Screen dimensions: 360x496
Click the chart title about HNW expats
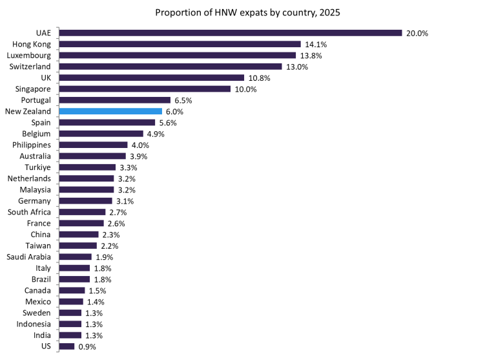[x=248, y=12]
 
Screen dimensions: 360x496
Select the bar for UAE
[x=230, y=33]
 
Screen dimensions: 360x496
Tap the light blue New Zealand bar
[x=110, y=111]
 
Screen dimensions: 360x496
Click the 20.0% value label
[x=417, y=33]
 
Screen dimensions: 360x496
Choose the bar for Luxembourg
[x=177, y=55]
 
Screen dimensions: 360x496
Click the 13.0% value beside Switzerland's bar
[x=297, y=67]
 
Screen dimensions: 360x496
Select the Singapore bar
[x=145, y=89]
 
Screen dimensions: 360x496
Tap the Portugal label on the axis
[x=38, y=100]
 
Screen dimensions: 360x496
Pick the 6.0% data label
[x=174, y=111]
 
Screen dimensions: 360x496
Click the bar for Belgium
[x=101, y=134]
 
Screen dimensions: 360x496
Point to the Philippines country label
[x=32, y=145]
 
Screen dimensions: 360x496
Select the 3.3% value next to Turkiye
[x=129, y=167]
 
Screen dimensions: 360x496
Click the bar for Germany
[x=85, y=201]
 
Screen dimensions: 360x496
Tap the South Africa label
[x=29, y=212]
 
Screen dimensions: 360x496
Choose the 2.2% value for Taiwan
[x=110, y=246]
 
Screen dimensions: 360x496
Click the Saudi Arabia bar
[x=75, y=257]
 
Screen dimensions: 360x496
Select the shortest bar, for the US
[x=67, y=346]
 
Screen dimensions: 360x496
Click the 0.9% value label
[x=87, y=346]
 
